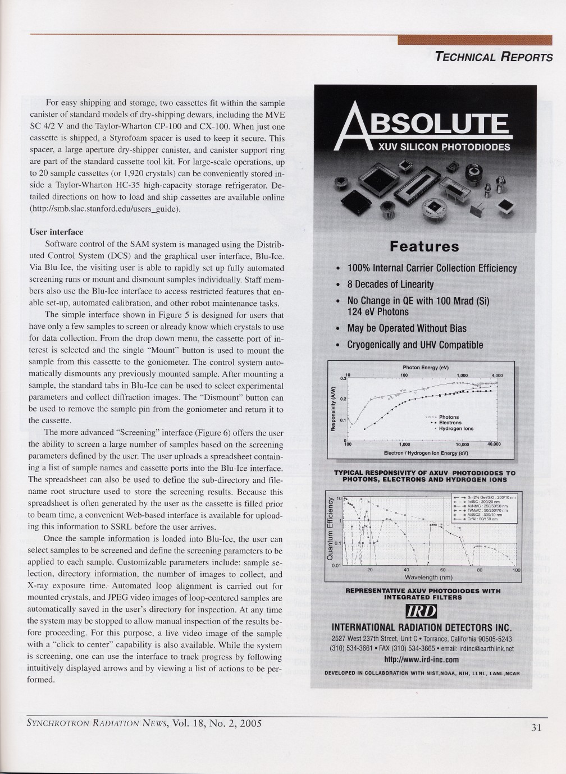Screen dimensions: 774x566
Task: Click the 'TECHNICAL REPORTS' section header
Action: pos(494,57)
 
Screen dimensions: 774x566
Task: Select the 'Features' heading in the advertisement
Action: pos(424,246)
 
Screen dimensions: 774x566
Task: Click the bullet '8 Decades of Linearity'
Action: pos(390,285)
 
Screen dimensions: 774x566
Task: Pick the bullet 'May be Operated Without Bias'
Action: pos(407,328)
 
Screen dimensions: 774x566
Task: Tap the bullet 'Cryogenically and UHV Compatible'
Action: pos(415,345)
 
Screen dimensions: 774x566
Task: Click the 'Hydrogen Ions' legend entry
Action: pos(456,428)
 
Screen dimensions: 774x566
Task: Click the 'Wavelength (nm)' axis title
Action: pos(428,576)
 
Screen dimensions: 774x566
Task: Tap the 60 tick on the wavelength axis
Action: pos(442,570)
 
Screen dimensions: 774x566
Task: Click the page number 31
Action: pos(535,727)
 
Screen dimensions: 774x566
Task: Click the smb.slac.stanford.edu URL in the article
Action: pos(105,209)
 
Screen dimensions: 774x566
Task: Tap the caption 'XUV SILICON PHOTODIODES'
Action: pos(443,148)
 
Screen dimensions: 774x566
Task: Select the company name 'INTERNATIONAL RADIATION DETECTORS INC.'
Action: pos(422,628)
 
